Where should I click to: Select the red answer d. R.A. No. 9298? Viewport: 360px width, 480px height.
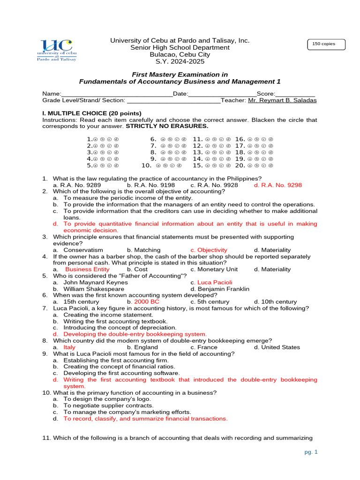(278, 185)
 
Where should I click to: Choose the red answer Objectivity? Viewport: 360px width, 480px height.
(209, 250)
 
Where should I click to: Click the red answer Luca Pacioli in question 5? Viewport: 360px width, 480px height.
(211, 282)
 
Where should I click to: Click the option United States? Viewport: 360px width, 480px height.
(277, 347)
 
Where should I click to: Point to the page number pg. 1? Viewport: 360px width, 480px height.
(310, 452)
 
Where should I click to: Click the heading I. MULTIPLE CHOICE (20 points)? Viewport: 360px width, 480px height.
(91, 113)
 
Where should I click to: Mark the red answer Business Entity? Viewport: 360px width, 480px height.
(87, 269)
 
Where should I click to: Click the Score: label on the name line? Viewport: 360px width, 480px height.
(266, 94)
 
